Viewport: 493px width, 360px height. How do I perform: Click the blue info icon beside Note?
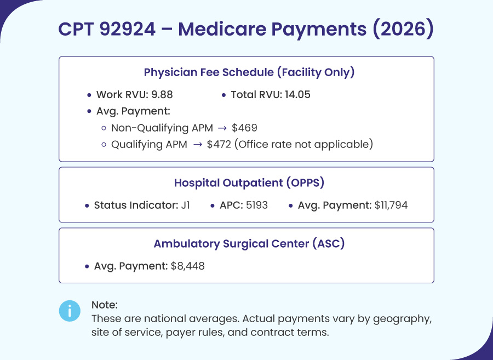point(70,311)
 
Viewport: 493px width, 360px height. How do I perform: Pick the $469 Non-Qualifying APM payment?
point(244,128)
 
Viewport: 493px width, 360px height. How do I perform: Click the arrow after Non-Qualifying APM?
point(222,128)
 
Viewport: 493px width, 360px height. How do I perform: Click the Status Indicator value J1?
point(185,205)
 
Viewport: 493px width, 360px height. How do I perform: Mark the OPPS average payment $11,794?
point(391,205)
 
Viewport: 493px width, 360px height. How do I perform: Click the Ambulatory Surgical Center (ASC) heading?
point(249,244)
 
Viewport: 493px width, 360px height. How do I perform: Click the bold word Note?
point(105,305)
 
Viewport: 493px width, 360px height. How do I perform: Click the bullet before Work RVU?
point(89,95)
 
